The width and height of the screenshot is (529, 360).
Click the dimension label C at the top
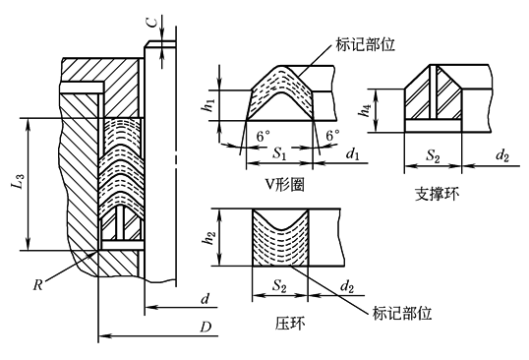point(152,23)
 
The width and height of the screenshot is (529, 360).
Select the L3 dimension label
point(20,181)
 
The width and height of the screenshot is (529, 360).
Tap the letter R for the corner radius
point(38,285)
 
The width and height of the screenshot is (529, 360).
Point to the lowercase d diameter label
point(206,299)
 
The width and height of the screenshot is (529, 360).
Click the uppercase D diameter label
point(206,327)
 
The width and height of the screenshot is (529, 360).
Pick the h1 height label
point(208,105)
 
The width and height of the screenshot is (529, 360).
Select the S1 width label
point(279,153)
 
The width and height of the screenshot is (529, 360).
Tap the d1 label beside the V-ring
point(353,154)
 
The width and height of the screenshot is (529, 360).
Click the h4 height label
point(366,110)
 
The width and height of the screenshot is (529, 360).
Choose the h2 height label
point(209,237)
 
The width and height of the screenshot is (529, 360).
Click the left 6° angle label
point(264,136)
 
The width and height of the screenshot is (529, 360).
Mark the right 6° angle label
point(332,136)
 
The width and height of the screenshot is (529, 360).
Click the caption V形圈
point(285,184)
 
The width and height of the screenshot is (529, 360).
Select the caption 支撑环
point(437,194)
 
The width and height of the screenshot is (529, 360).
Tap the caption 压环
point(290,324)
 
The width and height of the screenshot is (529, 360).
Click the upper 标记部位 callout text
point(365,44)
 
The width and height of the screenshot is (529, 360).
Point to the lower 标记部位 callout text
point(402,313)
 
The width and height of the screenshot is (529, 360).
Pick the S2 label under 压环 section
point(279,286)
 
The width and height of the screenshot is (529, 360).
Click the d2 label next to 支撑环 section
point(502,155)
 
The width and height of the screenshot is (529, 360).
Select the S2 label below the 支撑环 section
point(433,155)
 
